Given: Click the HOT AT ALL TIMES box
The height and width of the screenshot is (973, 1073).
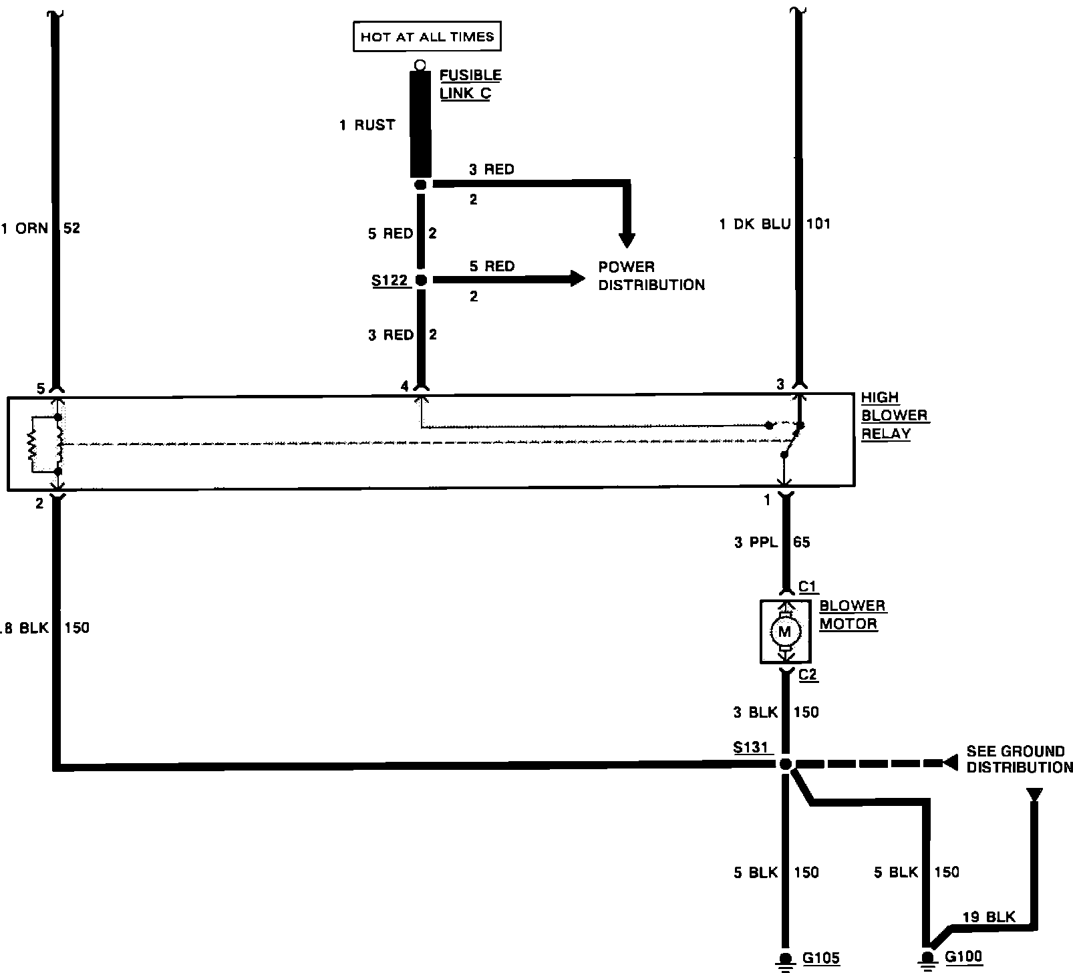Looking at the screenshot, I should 427,37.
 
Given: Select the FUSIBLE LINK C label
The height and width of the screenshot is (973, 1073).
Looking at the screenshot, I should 470,84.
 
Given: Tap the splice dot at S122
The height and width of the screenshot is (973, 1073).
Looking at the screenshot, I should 421,280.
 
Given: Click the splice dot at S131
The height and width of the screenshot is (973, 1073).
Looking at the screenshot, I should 786,763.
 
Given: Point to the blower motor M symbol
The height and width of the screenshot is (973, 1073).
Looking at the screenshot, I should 785,632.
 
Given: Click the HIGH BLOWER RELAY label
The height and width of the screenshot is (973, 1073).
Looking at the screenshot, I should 893,415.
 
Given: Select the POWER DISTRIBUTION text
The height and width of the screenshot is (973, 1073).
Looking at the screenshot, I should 651,275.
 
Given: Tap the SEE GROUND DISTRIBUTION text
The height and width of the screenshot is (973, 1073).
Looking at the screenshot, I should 1019,759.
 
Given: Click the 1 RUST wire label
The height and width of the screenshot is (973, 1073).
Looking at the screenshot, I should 367,125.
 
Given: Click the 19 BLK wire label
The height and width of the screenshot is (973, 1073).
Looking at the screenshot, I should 989,917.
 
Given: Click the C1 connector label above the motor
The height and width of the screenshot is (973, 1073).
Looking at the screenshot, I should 808,587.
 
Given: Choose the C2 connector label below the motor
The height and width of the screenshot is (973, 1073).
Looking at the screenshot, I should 808,674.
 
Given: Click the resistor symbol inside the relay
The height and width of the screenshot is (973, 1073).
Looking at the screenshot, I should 31,444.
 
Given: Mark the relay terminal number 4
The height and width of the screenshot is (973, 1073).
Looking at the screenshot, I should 404,386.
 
